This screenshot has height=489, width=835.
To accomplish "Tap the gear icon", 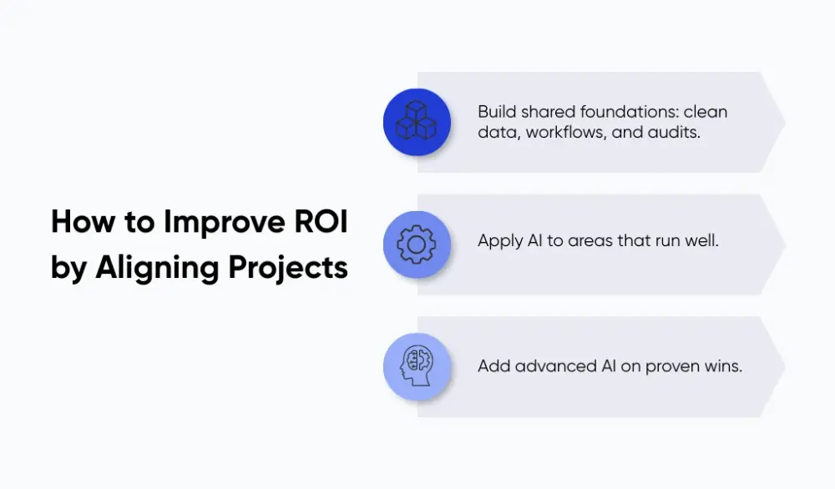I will point(416,244).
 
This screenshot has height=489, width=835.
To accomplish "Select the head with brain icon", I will point(416,366).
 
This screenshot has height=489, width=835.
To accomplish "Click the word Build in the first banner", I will point(497,112).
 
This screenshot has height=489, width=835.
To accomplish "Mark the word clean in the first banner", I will point(708,112).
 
